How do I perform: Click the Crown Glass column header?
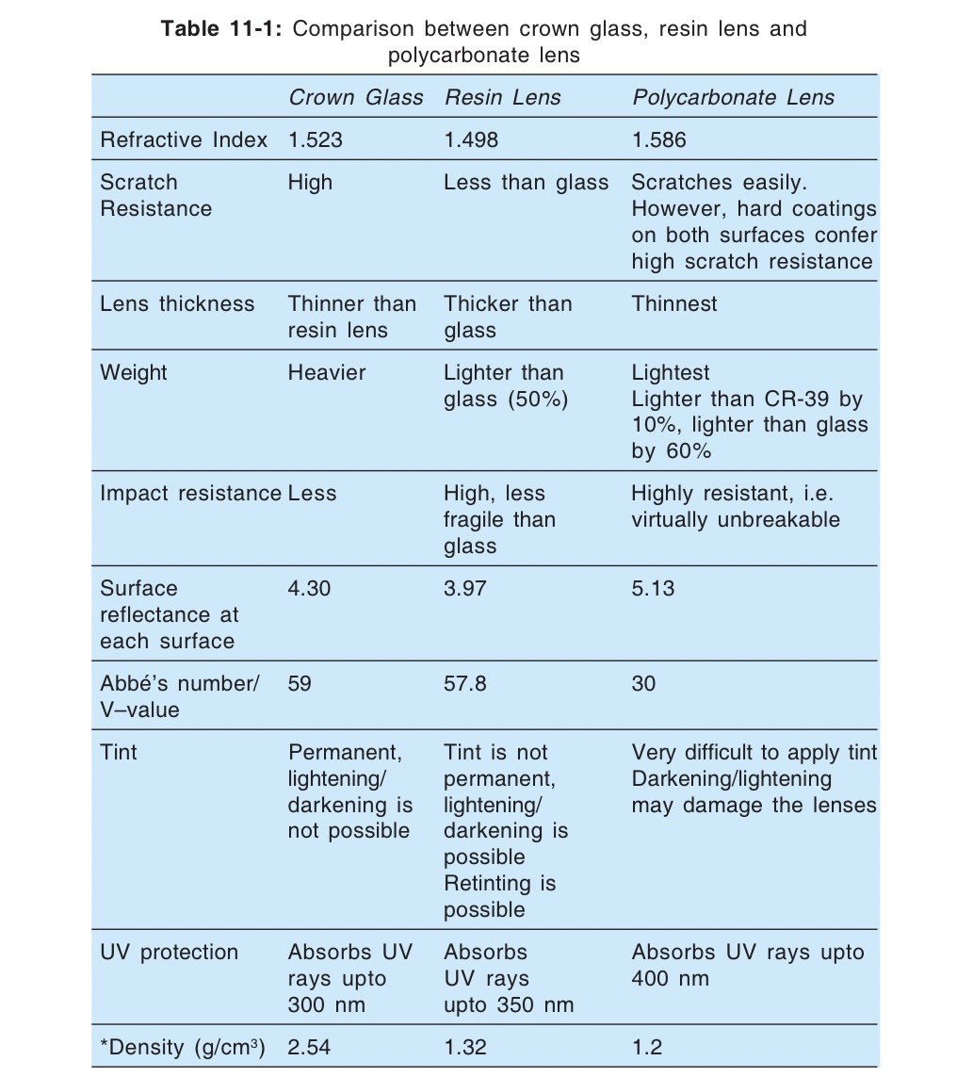point(355,98)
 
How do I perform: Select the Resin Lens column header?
point(502,98)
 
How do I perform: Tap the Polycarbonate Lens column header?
point(733,98)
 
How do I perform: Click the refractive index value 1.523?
point(315,140)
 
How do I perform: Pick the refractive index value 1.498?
point(471,140)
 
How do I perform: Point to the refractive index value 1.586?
point(659,140)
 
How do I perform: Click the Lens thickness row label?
point(177,303)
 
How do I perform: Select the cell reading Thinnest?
point(673,303)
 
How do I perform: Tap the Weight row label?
point(133,372)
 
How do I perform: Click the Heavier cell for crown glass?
point(326,372)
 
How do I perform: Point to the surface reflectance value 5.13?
point(653,589)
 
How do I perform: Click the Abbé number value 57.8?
point(465,683)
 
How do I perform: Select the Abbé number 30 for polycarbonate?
point(643,683)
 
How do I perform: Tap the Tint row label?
point(118,753)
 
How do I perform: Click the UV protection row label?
point(169,952)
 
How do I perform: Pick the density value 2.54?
point(309,1048)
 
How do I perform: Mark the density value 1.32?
point(465,1048)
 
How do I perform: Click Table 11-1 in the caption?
point(222,28)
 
